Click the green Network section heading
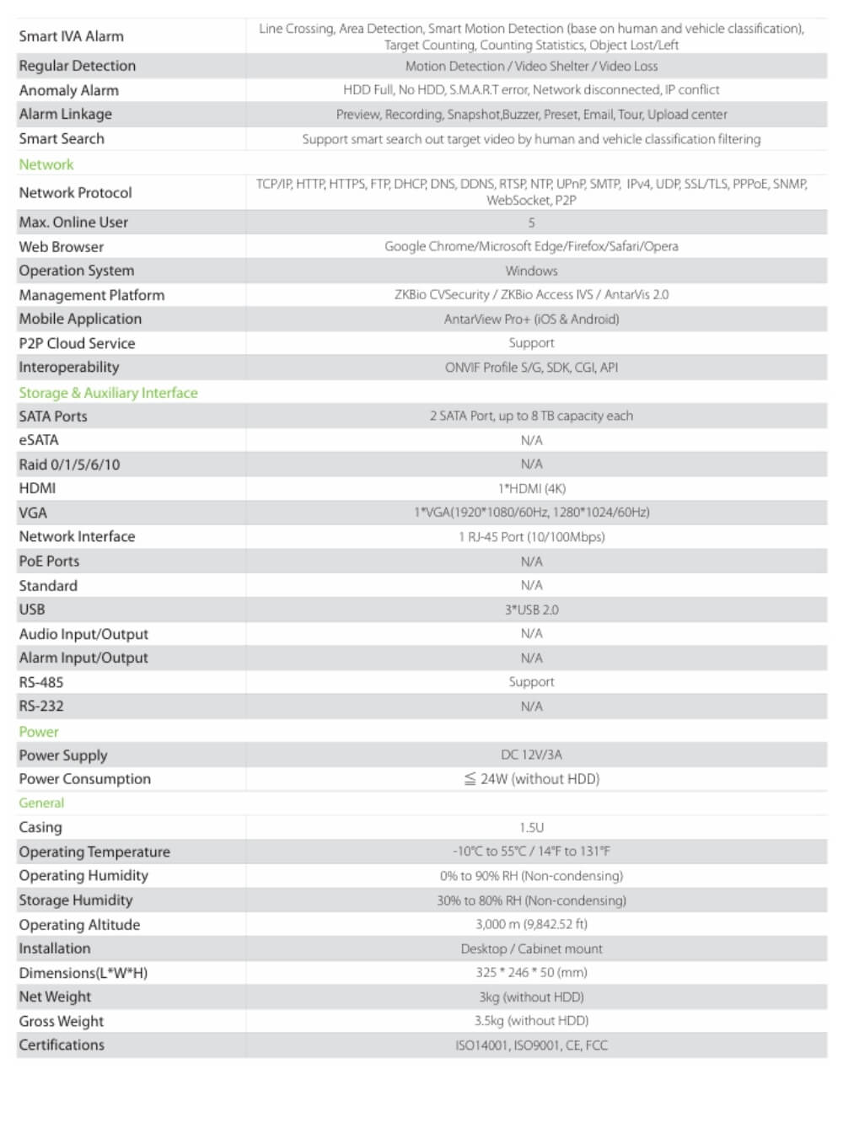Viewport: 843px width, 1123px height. tap(46, 164)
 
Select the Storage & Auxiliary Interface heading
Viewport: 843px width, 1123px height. tap(108, 393)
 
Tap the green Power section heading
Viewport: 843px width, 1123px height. tap(39, 732)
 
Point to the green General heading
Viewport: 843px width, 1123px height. tap(41, 803)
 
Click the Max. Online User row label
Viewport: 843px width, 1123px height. tap(73, 223)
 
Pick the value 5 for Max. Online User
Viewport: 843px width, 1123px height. tap(531, 223)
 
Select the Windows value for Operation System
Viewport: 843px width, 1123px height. tap(531, 271)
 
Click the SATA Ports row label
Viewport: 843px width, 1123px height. tap(53, 416)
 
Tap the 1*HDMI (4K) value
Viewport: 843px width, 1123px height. tap(531, 488)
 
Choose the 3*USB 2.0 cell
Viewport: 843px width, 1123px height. tap(531, 610)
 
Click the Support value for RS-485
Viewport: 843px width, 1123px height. tap(531, 682)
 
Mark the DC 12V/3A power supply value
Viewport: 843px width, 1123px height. tap(531, 755)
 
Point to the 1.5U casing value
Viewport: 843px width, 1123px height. tap(531, 828)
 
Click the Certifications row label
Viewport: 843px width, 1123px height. tap(62, 1045)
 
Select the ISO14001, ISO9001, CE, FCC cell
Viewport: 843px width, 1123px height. tap(531, 1045)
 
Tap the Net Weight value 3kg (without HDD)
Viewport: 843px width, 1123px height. tap(531, 997)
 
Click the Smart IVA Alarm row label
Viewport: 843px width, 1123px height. tap(71, 36)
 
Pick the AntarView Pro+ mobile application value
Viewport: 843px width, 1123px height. tap(531, 320)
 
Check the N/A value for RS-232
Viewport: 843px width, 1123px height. tap(531, 707)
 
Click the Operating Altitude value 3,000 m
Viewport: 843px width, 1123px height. tap(531, 925)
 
